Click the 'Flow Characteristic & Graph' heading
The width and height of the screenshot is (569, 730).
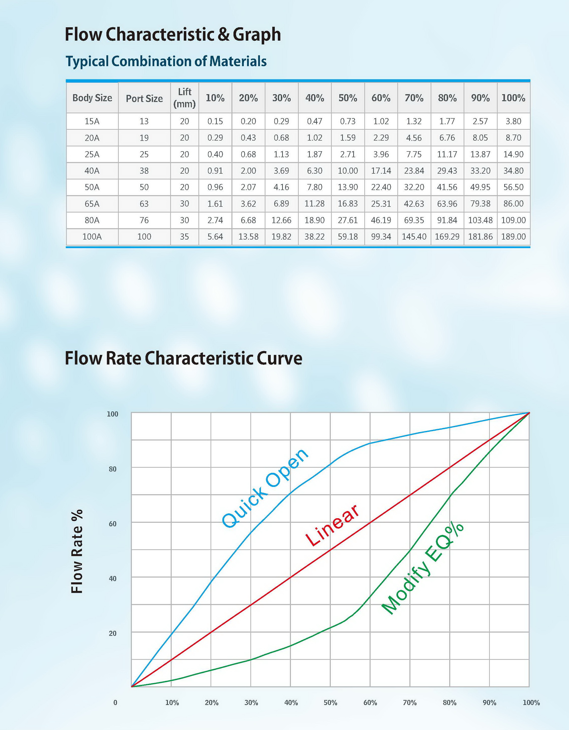[173, 34]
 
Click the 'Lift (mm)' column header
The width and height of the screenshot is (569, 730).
[184, 98]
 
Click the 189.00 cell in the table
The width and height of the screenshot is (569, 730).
[513, 237]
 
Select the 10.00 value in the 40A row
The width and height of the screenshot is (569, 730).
[348, 171]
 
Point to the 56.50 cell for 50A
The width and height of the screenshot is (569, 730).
[513, 187]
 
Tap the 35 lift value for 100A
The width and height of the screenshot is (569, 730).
[184, 237]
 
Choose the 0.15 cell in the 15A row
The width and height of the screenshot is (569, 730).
[215, 121]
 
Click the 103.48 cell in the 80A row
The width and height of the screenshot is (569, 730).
[480, 220]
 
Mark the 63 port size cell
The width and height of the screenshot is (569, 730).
[144, 203]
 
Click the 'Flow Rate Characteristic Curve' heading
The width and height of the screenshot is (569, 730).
[183, 358]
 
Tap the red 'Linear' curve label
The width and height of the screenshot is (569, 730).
[332, 526]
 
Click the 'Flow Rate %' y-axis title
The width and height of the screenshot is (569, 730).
[77, 551]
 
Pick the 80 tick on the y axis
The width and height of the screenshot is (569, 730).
[112, 469]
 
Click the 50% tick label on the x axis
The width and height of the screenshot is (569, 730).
[330, 702]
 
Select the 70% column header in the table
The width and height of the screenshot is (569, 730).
[414, 98]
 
